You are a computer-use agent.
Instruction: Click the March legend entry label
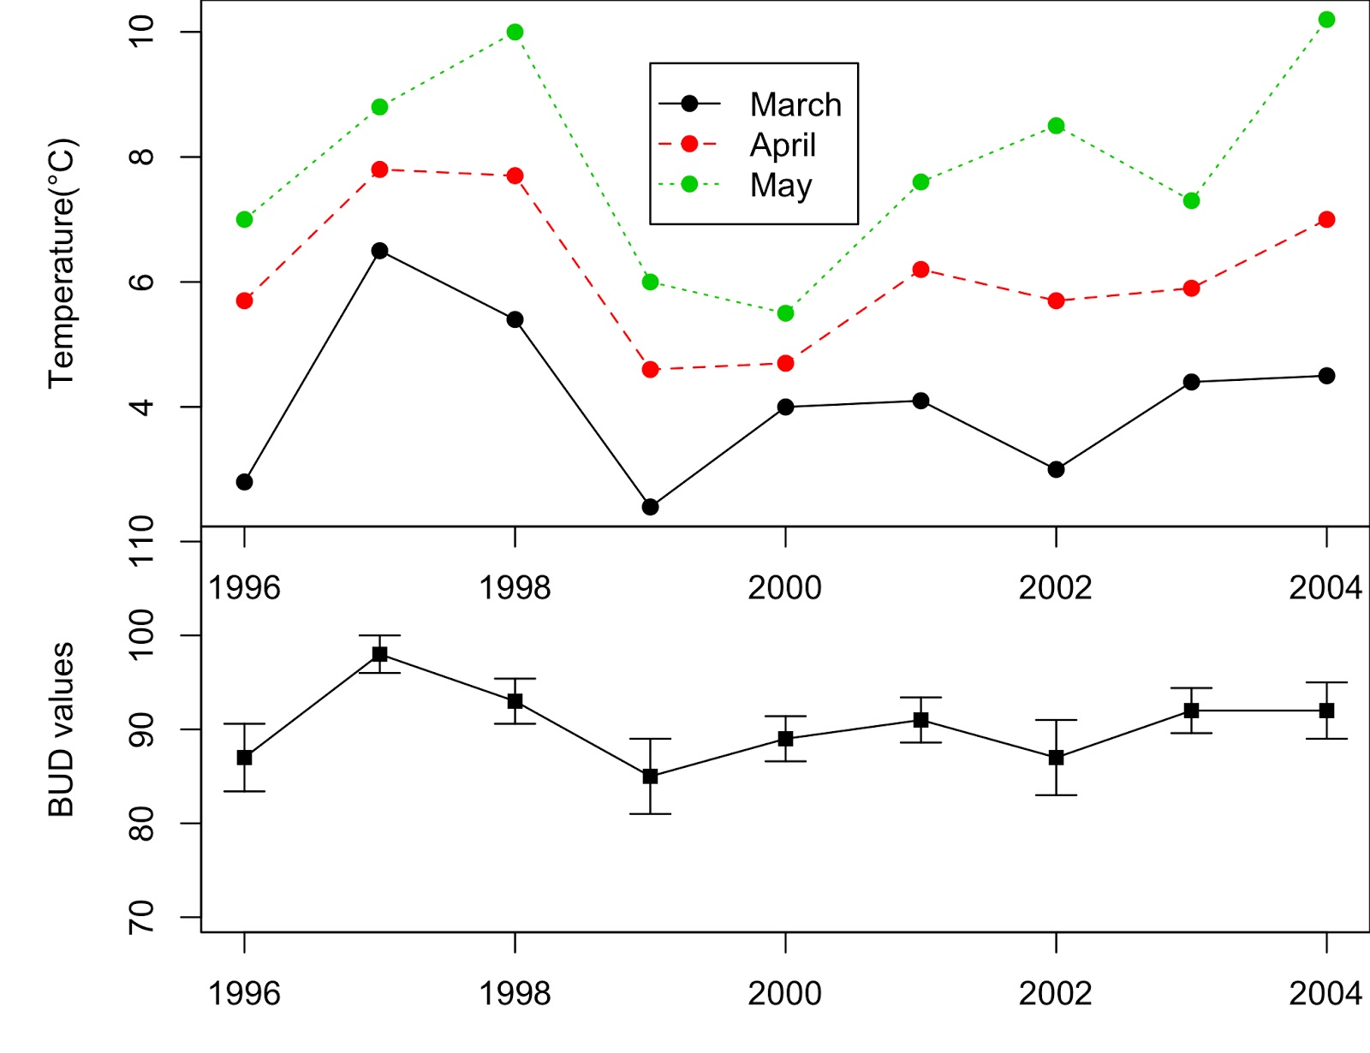coord(795,104)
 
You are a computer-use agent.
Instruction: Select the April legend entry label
coord(783,145)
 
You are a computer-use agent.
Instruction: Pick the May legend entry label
coord(781,185)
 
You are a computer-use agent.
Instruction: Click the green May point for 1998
coord(515,33)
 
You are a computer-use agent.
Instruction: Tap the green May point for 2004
coord(1326,20)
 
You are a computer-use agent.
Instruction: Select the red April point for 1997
coord(379,170)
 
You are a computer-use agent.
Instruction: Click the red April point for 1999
coord(650,370)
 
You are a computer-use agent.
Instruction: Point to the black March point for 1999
coord(650,507)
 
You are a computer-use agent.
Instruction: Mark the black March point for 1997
coord(379,251)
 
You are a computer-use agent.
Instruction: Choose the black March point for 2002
coord(1056,469)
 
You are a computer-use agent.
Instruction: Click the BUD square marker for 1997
coord(379,654)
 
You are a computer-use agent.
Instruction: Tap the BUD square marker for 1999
coord(650,776)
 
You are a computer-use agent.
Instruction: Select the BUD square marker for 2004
coord(1326,711)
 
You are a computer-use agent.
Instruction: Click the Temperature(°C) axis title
coord(62,263)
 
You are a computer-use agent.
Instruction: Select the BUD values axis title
coord(62,729)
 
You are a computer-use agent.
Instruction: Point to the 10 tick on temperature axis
coord(141,32)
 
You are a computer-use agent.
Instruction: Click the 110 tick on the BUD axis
coord(141,540)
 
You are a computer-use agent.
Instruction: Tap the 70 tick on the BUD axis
coord(141,917)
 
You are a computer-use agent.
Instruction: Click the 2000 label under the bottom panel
coord(784,994)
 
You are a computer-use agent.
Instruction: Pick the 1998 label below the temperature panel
coord(515,588)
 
